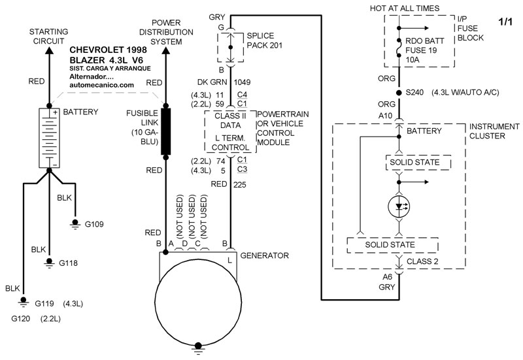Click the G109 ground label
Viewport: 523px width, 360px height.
[95, 223]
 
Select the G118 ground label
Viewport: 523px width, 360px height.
[69, 263]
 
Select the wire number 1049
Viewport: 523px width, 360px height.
[243, 83]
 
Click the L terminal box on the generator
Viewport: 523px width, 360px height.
[229, 261]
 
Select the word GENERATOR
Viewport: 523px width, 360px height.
[264, 255]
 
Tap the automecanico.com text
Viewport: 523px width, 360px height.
[101, 85]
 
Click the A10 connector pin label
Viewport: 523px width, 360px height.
[386, 115]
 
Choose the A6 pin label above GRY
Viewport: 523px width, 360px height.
[387, 276]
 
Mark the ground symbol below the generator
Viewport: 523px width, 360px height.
[197, 351]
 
